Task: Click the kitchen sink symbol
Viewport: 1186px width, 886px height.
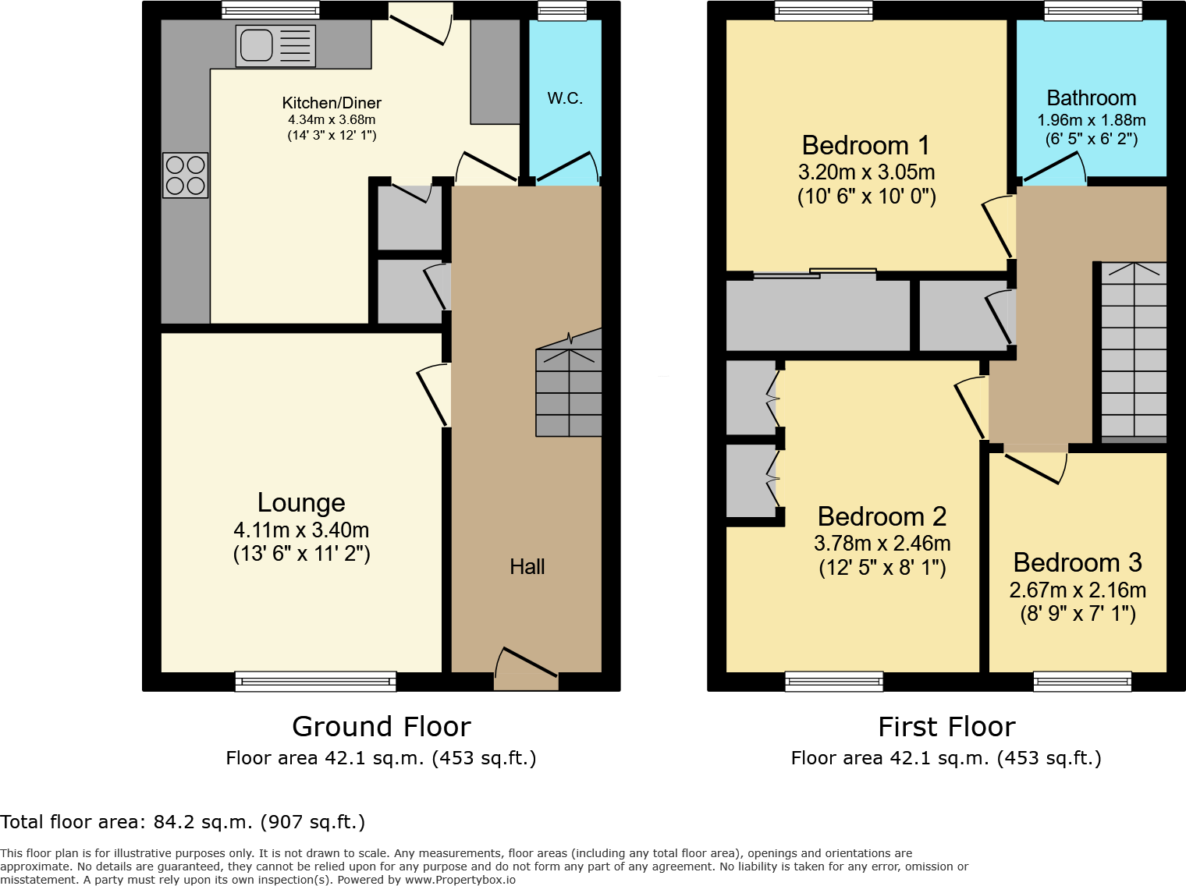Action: [275, 45]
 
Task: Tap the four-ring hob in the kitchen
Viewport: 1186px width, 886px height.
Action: [186, 175]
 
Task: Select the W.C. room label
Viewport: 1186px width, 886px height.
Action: [565, 98]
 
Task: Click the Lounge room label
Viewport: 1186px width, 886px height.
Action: [301, 503]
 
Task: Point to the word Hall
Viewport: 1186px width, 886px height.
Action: [527, 567]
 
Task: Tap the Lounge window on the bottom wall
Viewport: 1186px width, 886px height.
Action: [315, 682]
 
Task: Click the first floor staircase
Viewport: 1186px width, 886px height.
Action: [1133, 351]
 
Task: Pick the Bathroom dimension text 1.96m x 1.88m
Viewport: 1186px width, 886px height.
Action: [1091, 120]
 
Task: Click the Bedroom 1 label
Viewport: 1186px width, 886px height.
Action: [865, 146]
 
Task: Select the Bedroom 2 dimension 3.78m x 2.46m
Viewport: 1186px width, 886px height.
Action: [882, 544]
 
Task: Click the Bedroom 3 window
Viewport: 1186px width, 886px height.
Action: [1081, 682]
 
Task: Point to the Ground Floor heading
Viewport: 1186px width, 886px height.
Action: [381, 727]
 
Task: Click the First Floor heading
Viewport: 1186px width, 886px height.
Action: [946, 727]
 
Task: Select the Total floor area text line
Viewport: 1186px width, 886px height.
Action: [183, 822]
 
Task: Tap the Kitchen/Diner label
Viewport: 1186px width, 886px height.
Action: [332, 103]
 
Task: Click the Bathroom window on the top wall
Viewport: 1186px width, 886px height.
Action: [1093, 10]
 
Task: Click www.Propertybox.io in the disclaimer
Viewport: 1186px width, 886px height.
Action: [460, 880]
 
